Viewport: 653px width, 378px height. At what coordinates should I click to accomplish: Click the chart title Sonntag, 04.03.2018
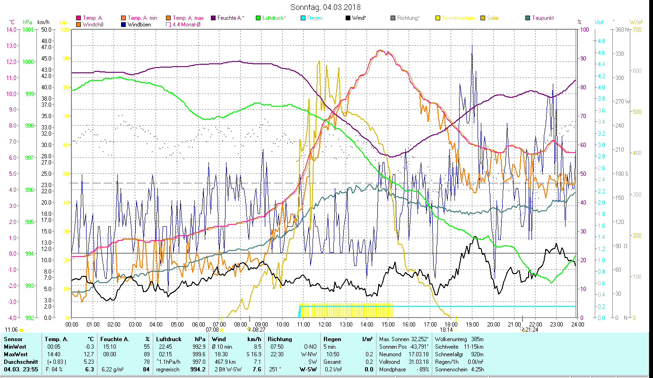tap(325, 7)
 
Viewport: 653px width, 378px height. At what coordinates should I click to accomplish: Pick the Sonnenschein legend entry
tap(457, 18)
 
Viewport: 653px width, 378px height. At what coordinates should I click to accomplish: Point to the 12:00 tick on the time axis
tap(325, 324)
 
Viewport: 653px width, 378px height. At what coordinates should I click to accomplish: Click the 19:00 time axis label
tap(472, 324)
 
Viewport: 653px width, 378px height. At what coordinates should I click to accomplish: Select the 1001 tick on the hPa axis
tap(28, 29)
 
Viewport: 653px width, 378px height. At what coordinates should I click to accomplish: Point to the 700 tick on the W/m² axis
tap(636, 29)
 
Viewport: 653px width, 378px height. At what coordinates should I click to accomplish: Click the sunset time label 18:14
tap(446, 330)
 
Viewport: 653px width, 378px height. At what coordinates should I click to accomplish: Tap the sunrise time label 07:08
tap(213, 330)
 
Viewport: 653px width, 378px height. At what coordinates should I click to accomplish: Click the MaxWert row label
tap(16, 354)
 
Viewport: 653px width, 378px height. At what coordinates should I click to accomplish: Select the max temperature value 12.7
tap(89, 354)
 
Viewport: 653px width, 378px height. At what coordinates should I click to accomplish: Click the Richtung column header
tap(280, 339)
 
